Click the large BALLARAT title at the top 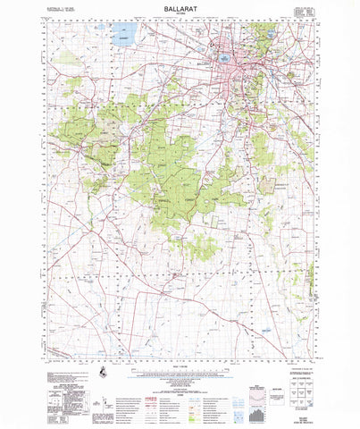click(180, 7)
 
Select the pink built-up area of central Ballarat click(243, 67)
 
